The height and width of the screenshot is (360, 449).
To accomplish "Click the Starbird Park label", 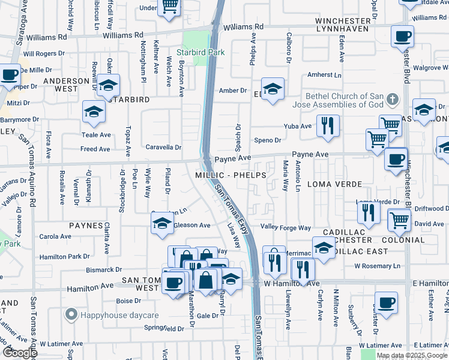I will point(204,52).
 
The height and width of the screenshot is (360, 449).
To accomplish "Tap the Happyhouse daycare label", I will point(110,314).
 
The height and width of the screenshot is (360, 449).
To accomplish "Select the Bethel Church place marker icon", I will point(393,99).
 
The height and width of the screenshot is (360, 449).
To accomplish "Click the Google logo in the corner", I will point(20,352).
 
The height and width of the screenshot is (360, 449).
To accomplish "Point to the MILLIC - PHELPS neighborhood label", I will point(231,175).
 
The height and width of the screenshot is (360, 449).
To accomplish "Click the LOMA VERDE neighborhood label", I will point(335,184).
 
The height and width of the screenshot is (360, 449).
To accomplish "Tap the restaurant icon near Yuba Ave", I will point(327,125).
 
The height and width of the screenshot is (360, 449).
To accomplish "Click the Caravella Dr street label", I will point(163,147).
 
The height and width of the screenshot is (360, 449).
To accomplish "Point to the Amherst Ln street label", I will point(324,75).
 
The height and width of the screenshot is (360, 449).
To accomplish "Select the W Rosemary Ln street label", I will point(377,266).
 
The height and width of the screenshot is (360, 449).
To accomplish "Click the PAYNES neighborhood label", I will point(86,226).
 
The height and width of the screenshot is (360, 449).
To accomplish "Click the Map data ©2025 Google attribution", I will point(411,355).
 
